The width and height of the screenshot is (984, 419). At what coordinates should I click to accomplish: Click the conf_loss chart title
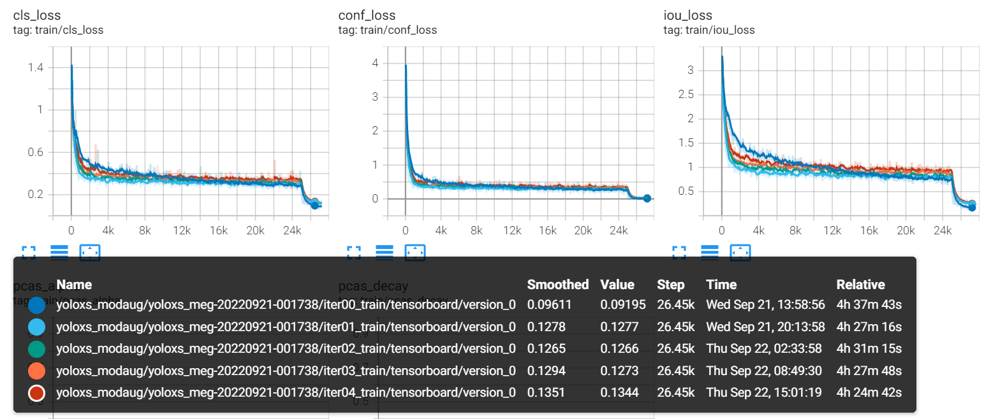coord(367,15)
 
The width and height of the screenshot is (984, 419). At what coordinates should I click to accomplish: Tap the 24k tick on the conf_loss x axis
coord(618,231)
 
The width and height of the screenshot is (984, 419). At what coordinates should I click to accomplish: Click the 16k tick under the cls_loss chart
coord(218,231)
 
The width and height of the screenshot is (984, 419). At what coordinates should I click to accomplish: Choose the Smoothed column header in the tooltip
coord(557,285)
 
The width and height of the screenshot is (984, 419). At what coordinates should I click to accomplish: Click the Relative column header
coord(860,285)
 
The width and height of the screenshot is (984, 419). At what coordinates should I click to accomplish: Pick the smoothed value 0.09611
coord(549,304)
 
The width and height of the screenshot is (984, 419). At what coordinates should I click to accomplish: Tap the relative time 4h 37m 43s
coord(869,304)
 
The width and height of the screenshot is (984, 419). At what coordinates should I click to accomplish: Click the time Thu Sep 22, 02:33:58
coord(765,348)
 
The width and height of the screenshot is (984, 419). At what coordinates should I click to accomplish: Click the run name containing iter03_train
coord(286,371)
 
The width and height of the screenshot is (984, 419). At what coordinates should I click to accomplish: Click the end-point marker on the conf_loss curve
coord(647,198)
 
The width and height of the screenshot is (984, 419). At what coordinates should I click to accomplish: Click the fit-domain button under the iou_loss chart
coord(740,253)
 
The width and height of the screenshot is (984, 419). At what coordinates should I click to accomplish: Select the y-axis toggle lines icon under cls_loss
coord(59,253)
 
